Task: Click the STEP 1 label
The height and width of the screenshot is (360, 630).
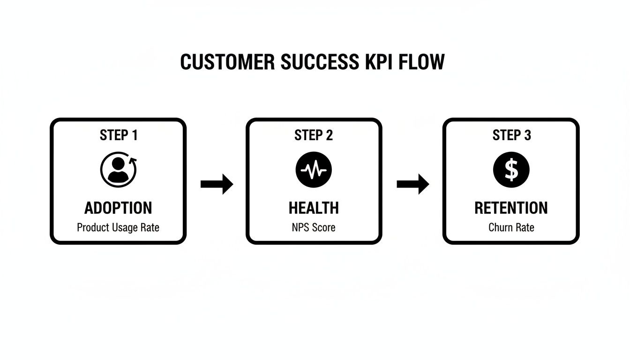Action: [119, 135]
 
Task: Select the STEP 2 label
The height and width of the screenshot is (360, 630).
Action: [314, 135]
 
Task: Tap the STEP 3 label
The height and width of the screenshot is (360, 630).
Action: [511, 135]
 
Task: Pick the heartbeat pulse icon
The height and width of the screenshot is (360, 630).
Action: [314, 170]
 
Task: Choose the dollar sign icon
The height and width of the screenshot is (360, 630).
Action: [511, 170]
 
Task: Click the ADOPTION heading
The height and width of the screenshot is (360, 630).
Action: [118, 208]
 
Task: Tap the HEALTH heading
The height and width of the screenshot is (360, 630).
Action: [314, 208]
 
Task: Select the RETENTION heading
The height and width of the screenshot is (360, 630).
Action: [511, 208]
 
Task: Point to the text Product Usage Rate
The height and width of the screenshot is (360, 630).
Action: [118, 228]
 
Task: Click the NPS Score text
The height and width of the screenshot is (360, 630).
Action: [314, 228]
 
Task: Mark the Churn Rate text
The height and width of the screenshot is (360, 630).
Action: [511, 228]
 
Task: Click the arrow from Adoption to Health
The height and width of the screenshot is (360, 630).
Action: [217, 184]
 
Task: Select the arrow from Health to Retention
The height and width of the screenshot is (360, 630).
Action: [412, 184]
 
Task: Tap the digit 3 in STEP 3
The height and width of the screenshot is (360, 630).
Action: [527, 135]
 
